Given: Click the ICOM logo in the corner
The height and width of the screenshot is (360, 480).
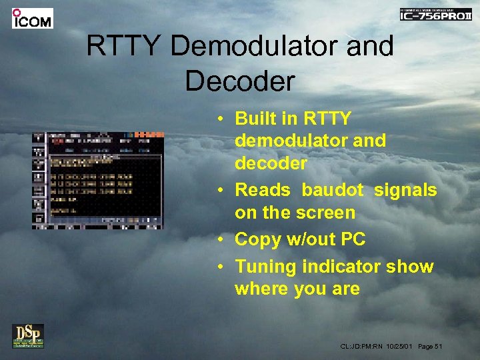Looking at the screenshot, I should pos(32,18).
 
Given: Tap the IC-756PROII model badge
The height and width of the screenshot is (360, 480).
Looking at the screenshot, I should pos(436,15).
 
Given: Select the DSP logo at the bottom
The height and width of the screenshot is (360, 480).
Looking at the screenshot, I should pos(28,336).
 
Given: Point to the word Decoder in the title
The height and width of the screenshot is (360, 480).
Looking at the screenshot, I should pos(239,81).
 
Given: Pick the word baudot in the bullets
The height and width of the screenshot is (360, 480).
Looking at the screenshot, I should pos(332,190).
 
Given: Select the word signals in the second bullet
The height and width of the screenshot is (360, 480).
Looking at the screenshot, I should pos(405,190).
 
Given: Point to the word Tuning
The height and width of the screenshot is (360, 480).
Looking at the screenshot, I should pos(266,267).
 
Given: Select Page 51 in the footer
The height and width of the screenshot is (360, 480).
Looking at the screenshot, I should pos(429,347).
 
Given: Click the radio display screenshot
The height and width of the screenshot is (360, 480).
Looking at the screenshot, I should pos(98,180).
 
